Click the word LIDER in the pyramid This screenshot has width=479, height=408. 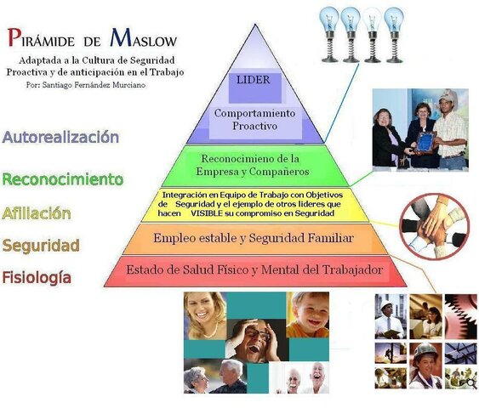coord(255,81)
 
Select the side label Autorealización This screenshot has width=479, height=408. coord(60,137)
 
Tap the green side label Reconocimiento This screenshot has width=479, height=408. coord(63,179)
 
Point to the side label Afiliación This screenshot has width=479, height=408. coord(37,213)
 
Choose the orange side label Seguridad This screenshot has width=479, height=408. coord(41,246)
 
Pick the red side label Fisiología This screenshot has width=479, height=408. coord(37,277)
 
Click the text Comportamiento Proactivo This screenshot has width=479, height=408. coord(255,119)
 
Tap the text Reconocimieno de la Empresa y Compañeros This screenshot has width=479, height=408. coord(254,165)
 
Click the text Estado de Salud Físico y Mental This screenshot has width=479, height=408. coord(255,270)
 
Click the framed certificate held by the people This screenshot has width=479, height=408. coord(423,137)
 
